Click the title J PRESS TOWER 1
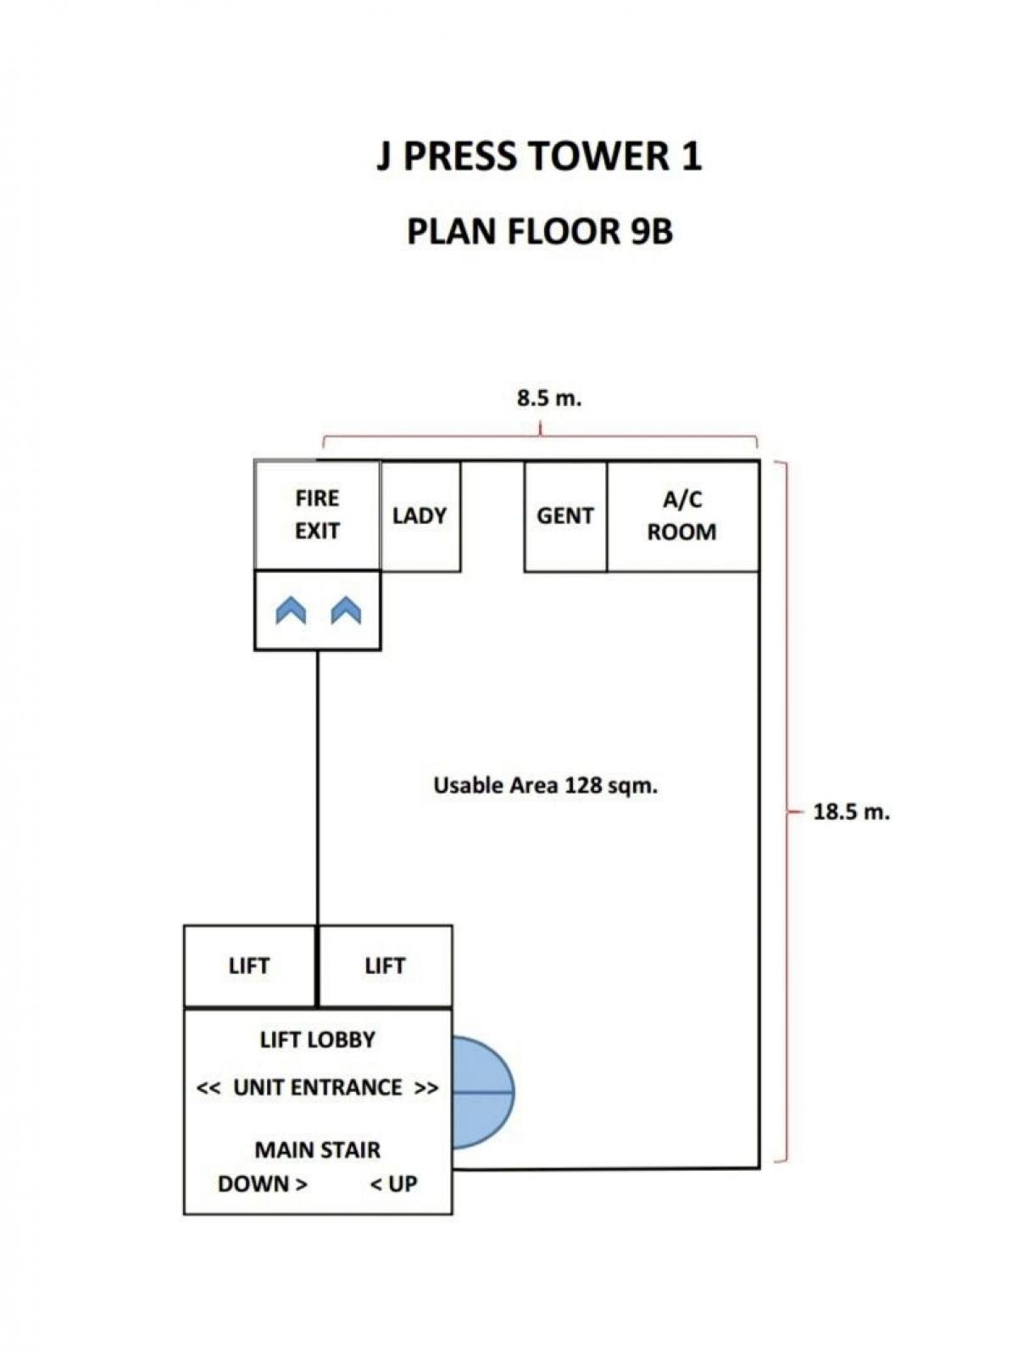[x=539, y=157]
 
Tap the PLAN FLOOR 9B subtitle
[x=539, y=231]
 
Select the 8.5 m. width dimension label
[x=549, y=398]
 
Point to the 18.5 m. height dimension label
[x=851, y=812]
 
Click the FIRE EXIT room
[x=317, y=515]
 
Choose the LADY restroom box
[x=420, y=515]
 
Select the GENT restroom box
[x=565, y=515]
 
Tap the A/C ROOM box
[x=681, y=515]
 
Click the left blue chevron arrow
[x=291, y=610]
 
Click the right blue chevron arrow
[x=346, y=610]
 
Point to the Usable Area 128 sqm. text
[x=545, y=786]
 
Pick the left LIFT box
[x=249, y=966]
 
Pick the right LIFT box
[x=385, y=966]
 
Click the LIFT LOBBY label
[x=317, y=1039]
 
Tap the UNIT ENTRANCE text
[x=317, y=1088]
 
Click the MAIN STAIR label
[x=317, y=1150]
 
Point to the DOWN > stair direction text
[x=262, y=1184]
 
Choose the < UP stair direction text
[x=394, y=1184]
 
